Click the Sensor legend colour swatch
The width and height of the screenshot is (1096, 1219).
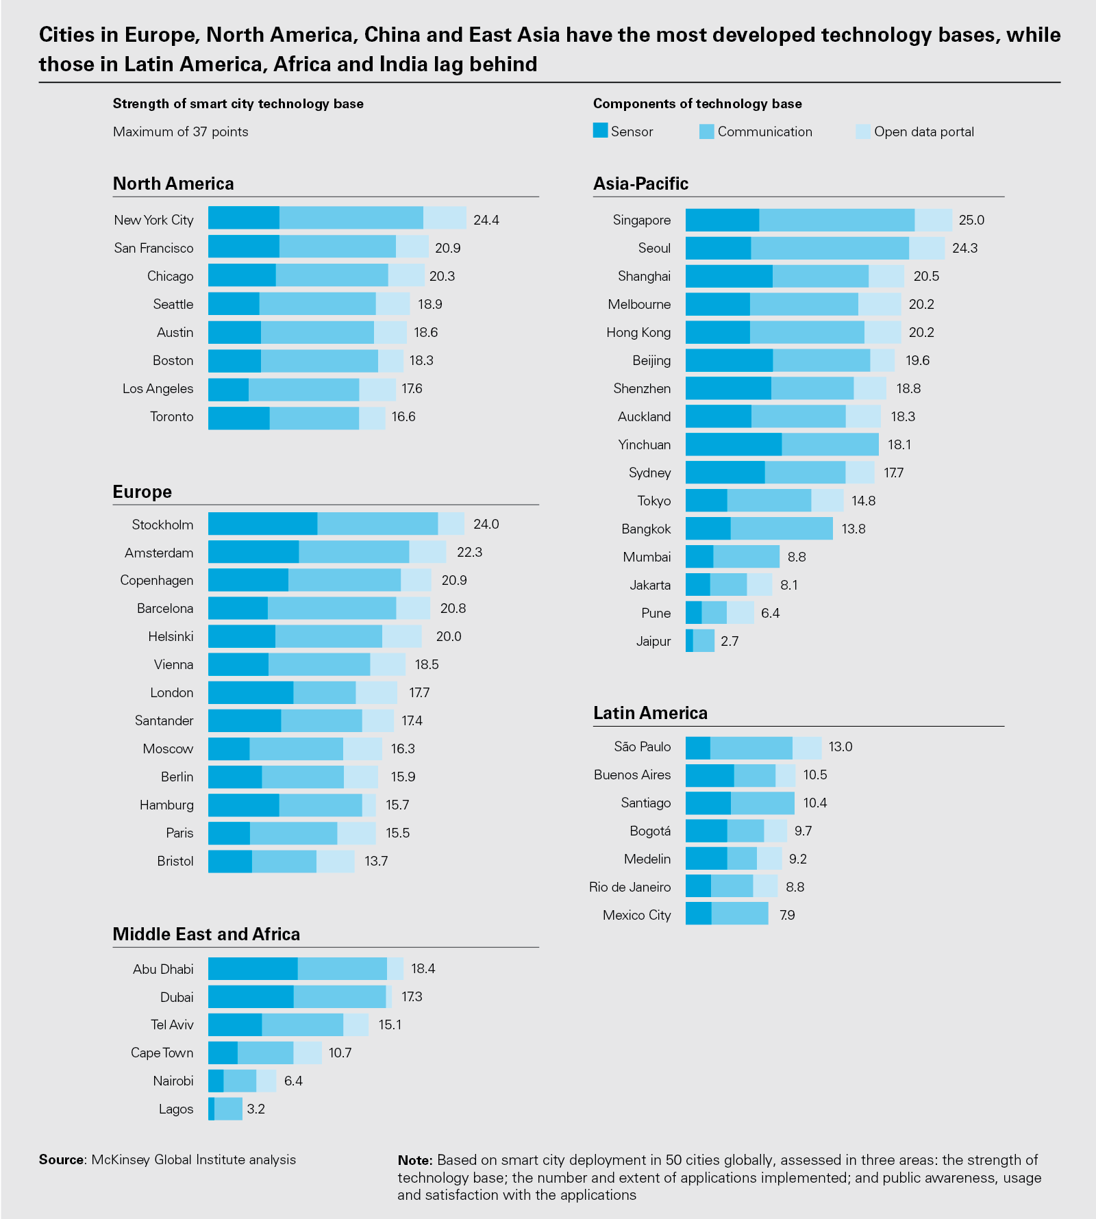click(x=600, y=131)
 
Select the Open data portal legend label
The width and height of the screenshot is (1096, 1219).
click(x=923, y=131)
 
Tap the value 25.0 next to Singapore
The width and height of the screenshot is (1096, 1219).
click(x=971, y=220)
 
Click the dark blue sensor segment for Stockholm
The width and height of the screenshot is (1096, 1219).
click(x=262, y=524)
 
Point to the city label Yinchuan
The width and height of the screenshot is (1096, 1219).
click(x=644, y=444)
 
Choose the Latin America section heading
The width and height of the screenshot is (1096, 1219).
click(x=650, y=713)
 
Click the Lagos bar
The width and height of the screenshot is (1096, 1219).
click(x=225, y=1109)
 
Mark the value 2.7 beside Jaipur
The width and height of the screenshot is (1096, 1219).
click(x=730, y=641)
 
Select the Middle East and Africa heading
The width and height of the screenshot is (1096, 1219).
click(x=206, y=934)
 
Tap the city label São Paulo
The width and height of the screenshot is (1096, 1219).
click(x=642, y=746)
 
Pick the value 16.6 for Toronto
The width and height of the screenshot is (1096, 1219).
click(x=403, y=416)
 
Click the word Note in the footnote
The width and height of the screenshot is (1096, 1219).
click(x=414, y=1160)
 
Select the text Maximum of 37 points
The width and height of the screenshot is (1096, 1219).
click(x=180, y=131)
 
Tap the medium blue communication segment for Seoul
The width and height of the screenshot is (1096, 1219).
click(x=830, y=248)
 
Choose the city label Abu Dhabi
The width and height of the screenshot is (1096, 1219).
click(x=163, y=969)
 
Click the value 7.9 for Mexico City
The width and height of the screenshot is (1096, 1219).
click(x=787, y=915)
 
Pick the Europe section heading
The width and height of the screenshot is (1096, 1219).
click(x=142, y=492)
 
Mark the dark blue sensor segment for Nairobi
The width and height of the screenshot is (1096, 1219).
click(x=216, y=1081)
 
